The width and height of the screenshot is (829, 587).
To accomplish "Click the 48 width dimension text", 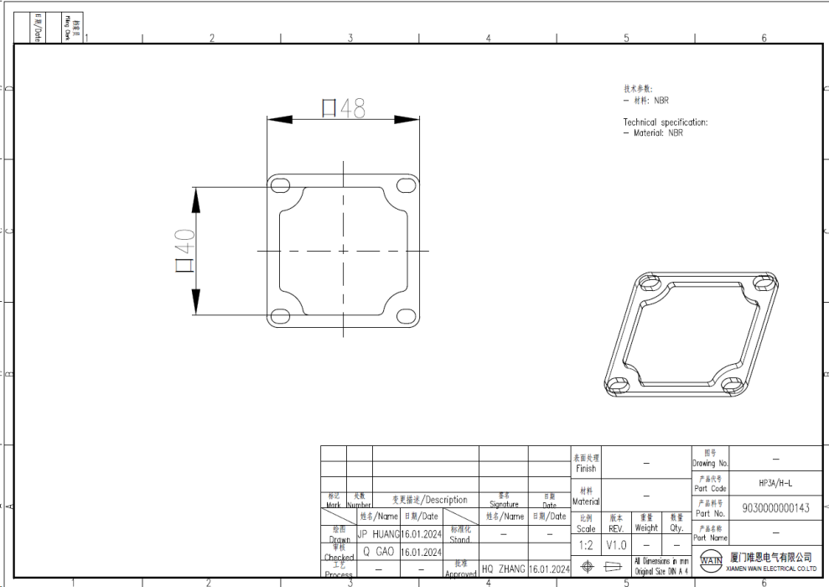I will [344, 108].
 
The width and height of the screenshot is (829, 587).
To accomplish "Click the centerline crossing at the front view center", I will [342, 251].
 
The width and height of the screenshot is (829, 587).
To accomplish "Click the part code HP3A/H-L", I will [775, 483].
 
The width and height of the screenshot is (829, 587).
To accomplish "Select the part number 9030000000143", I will [775, 508].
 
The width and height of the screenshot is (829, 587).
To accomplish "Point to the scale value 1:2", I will [586, 545].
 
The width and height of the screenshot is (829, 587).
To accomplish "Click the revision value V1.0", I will [616, 545].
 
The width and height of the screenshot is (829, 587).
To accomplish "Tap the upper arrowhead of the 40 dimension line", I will [196, 198].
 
